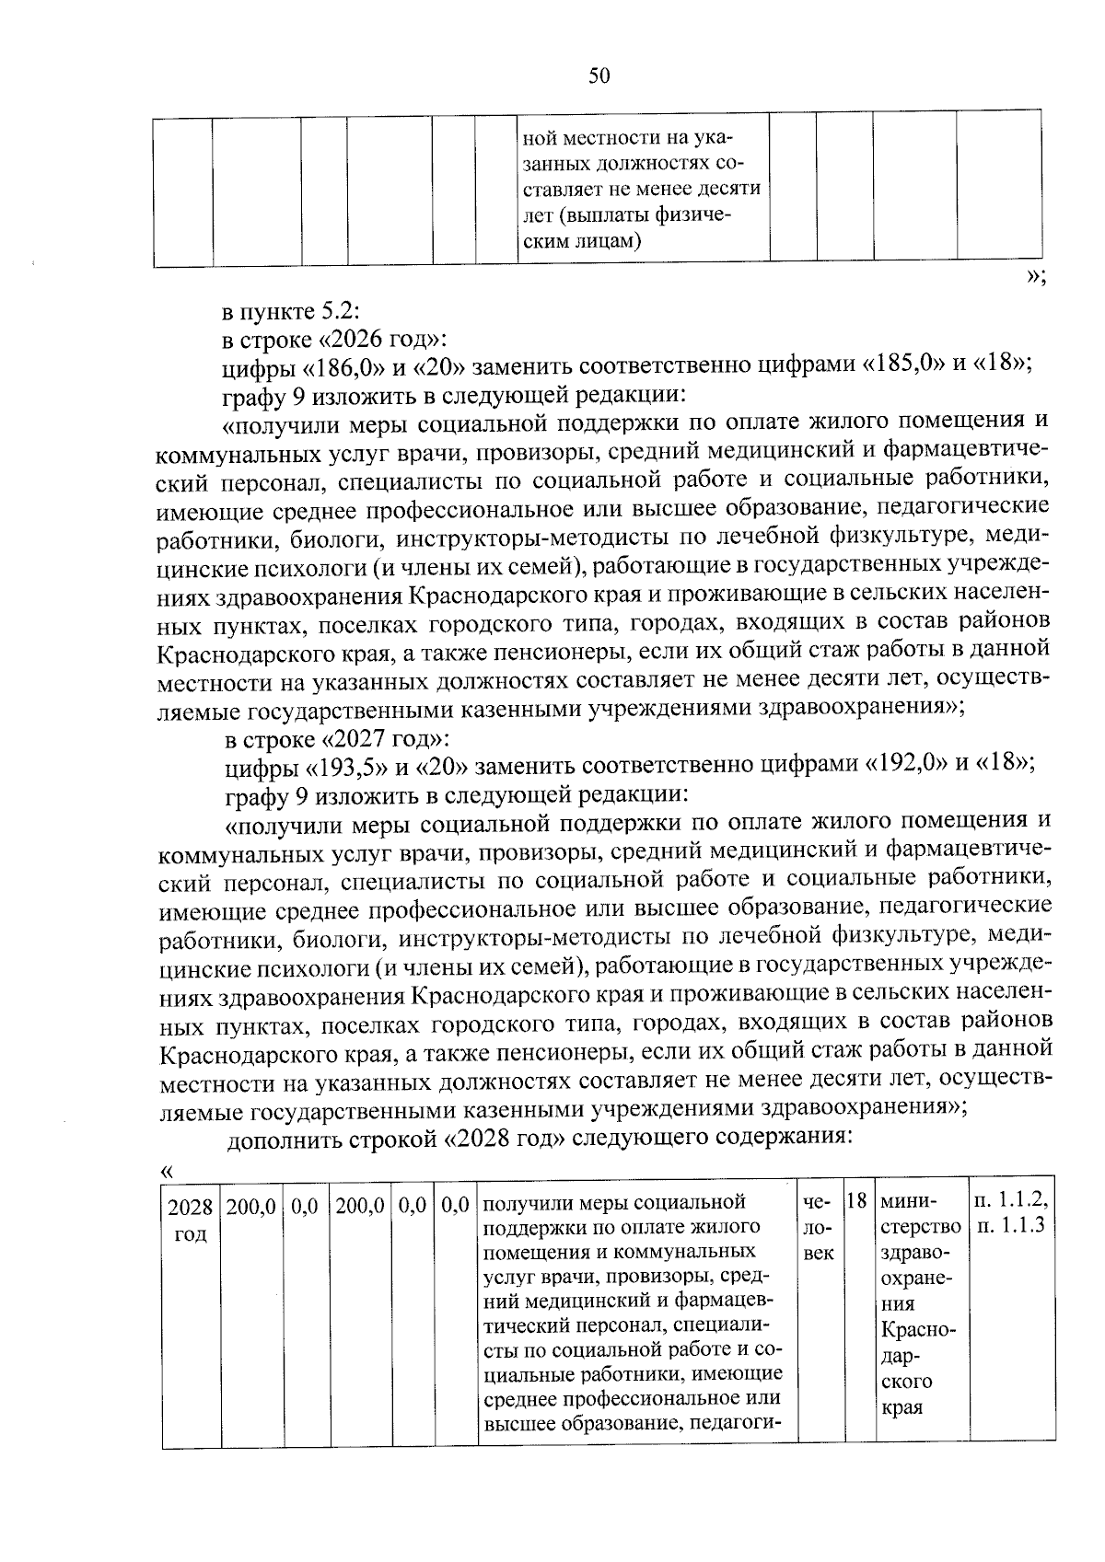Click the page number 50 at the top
click(599, 76)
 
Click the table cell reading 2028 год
click(190, 1219)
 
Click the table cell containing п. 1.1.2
click(1011, 1201)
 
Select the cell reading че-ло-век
click(818, 1228)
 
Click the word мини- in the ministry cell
click(909, 1202)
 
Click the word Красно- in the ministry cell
click(918, 1331)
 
